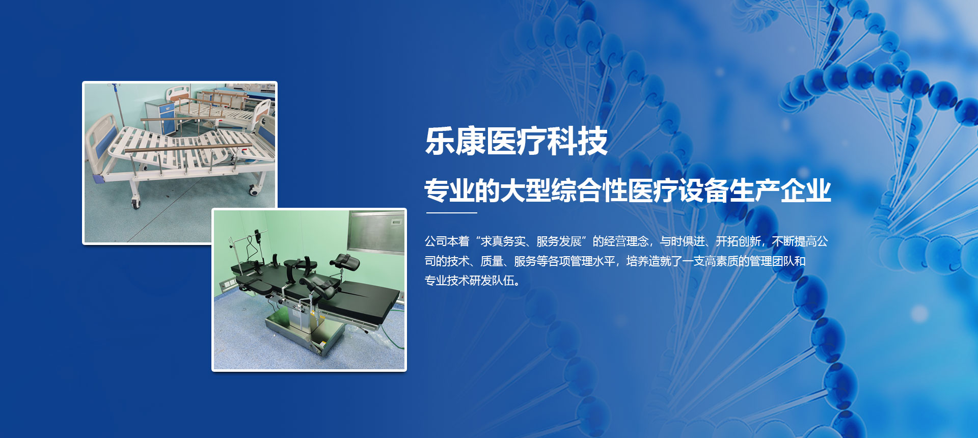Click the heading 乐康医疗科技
[516, 141]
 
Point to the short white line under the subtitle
[451, 212]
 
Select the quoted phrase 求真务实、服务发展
[531, 241]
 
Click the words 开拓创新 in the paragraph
[738, 241]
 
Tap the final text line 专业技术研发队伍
[469, 281]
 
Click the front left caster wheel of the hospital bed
[136, 203]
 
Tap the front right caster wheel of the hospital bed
[253, 191]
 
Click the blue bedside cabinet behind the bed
[160, 117]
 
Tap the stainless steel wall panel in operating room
[376, 232]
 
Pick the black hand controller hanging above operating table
[257, 236]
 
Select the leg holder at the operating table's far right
[345, 262]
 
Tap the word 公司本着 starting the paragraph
[447, 241]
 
